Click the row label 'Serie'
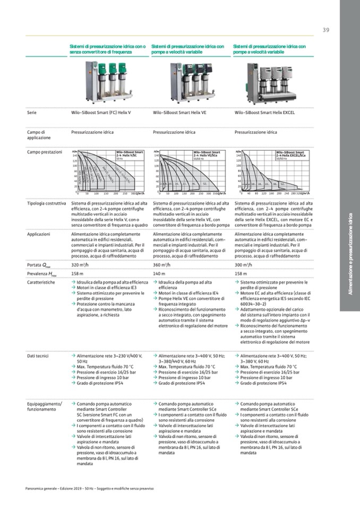point(31,113)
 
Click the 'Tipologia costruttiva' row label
point(46,203)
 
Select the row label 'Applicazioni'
point(38,234)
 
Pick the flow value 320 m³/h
point(80,264)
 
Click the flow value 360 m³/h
point(161,264)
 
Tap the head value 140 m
point(160,273)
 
